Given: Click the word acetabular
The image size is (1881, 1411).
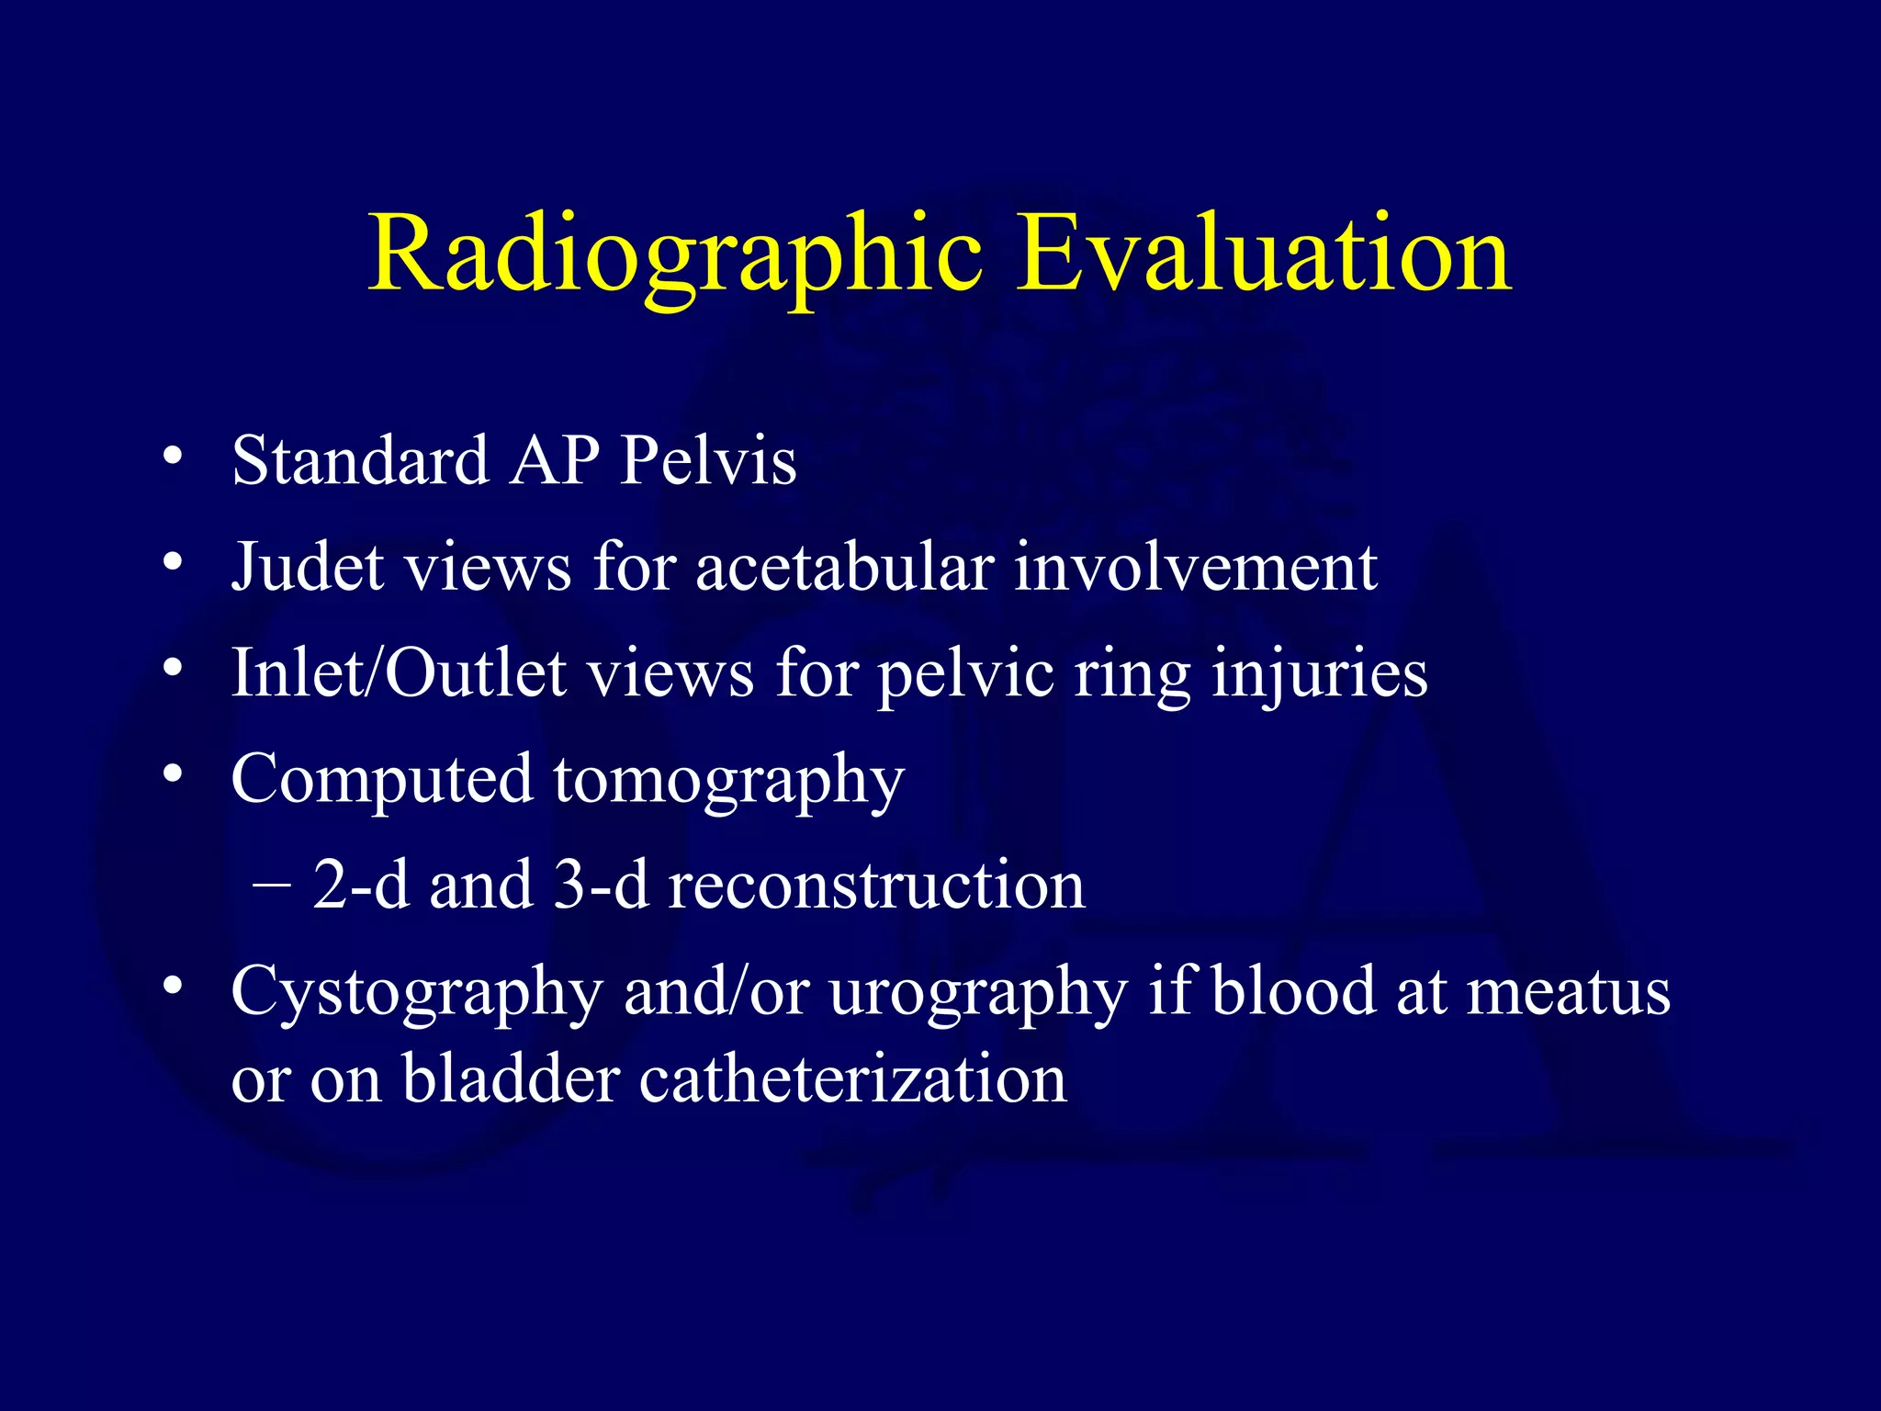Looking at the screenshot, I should pyautogui.click(x=844, y=567).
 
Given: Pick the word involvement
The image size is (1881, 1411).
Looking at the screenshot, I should pyautogui.click(x=1195, y=567).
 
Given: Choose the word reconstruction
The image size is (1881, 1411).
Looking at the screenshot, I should pyautogui.click(x=876, y=885).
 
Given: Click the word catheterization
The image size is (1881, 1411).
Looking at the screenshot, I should pyautogui.click(x=852, y=1079).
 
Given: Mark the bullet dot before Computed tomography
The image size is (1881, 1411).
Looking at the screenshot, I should pyautogui.click(x=172, y=774).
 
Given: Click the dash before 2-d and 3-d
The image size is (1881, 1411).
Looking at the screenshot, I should pyautogui.click(x=272, y=885).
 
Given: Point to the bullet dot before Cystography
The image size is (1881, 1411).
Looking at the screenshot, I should pyautogui.click(x=172, y=987).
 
